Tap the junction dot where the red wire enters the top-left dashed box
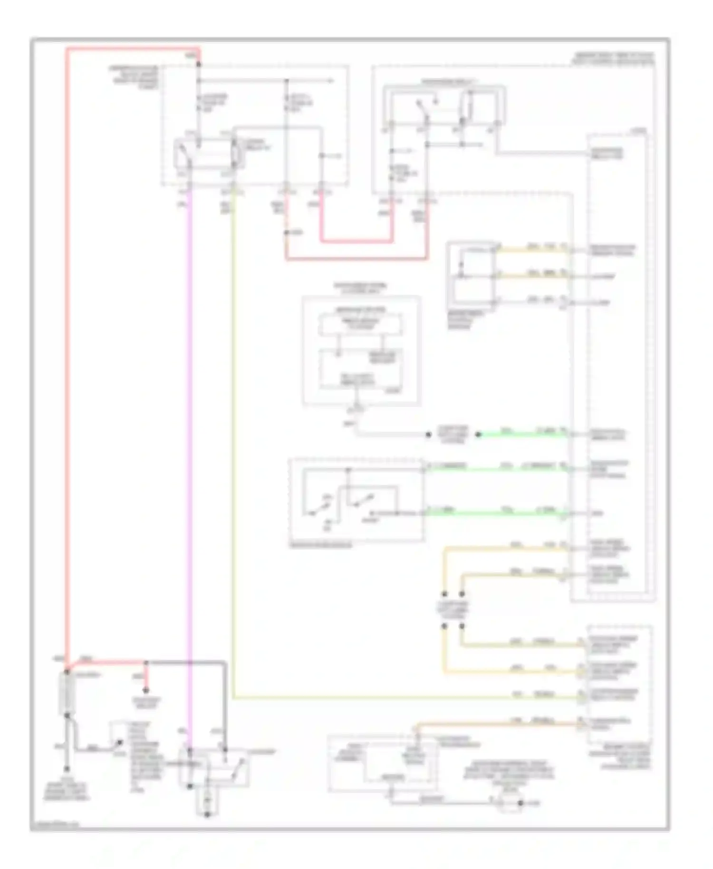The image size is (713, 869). tap(199, 64)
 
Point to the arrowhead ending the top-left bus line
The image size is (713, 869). tap(331, 81)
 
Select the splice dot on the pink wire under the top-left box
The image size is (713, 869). tap(286, 233)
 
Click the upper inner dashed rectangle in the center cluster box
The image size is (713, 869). tap(361, 325)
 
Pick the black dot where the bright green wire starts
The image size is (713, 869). tap(479, 434)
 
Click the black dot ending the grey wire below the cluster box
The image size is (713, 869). tap(428, 434)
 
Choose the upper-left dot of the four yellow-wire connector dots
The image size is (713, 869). tap(444, 594)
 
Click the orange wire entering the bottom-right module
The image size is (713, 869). tap(499, 724)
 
